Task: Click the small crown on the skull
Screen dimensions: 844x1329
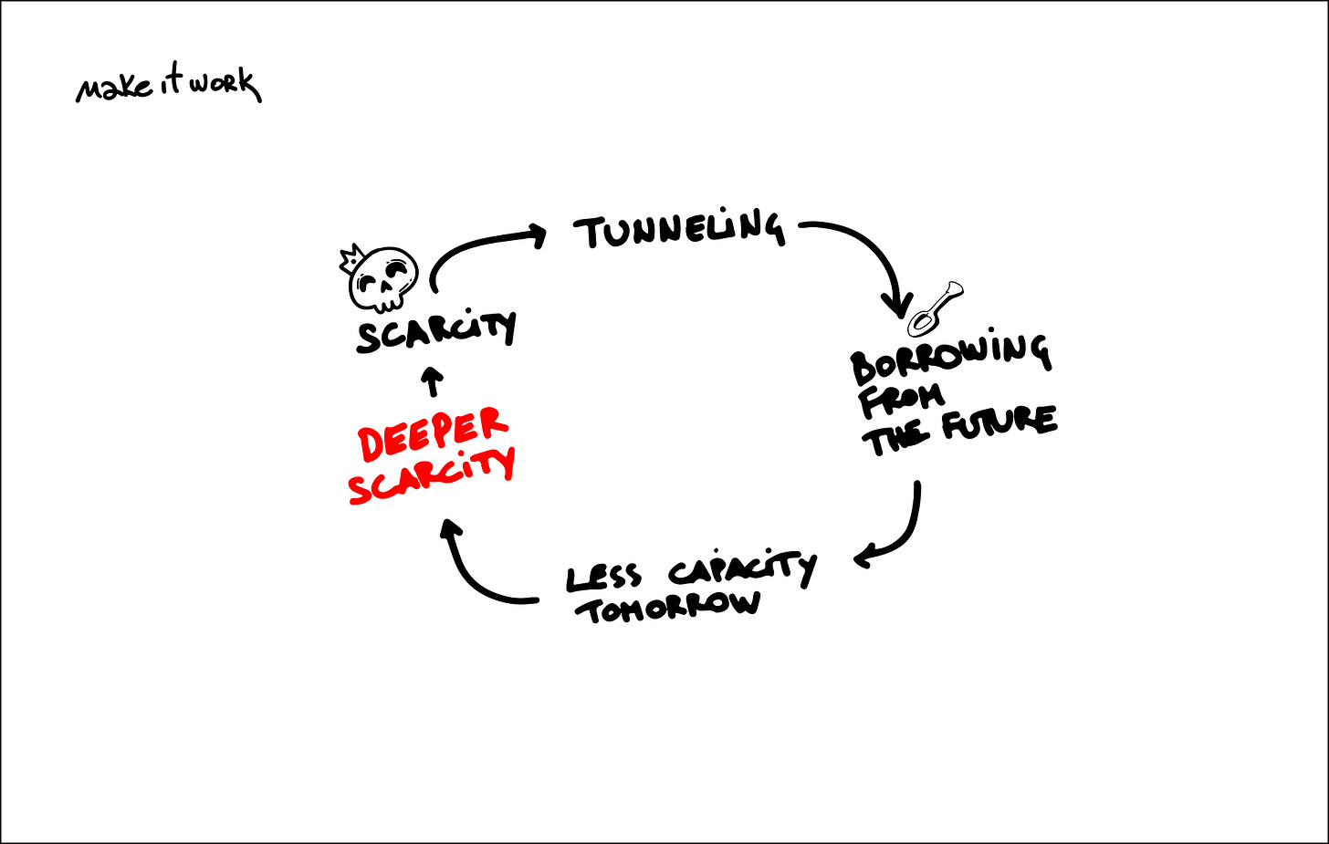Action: click(350, 258)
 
